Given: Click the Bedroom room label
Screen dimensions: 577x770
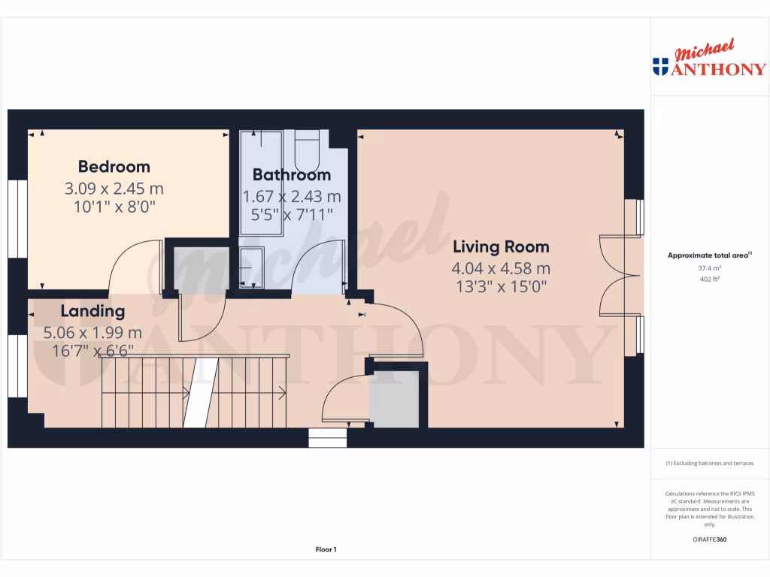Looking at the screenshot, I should pos(114,167).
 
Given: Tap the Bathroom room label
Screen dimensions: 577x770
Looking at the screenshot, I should pos(291,175).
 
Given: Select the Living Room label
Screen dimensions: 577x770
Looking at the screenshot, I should pos(500,246).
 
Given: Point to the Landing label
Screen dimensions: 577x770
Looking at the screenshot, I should pos(92,311).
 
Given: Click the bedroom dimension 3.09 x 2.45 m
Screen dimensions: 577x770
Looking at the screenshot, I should pos(114,189).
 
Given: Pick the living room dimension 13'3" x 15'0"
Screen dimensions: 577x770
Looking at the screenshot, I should pos(500,286).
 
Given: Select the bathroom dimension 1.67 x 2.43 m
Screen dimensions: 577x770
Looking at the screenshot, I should pos(291,197).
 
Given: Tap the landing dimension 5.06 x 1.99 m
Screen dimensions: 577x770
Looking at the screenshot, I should pos(92,332).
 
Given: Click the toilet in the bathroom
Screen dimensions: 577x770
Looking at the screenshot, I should pos(307,150).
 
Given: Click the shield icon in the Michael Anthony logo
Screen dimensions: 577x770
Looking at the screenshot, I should pos(660,66).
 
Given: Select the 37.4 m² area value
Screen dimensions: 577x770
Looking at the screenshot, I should pos(709,267).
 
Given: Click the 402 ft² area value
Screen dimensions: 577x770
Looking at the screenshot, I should pos(709,279).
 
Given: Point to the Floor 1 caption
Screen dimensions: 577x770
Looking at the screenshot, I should pos(326,550).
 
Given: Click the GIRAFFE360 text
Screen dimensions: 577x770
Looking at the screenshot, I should pos(709,539).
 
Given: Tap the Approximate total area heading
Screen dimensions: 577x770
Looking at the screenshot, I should pos(708,255).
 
